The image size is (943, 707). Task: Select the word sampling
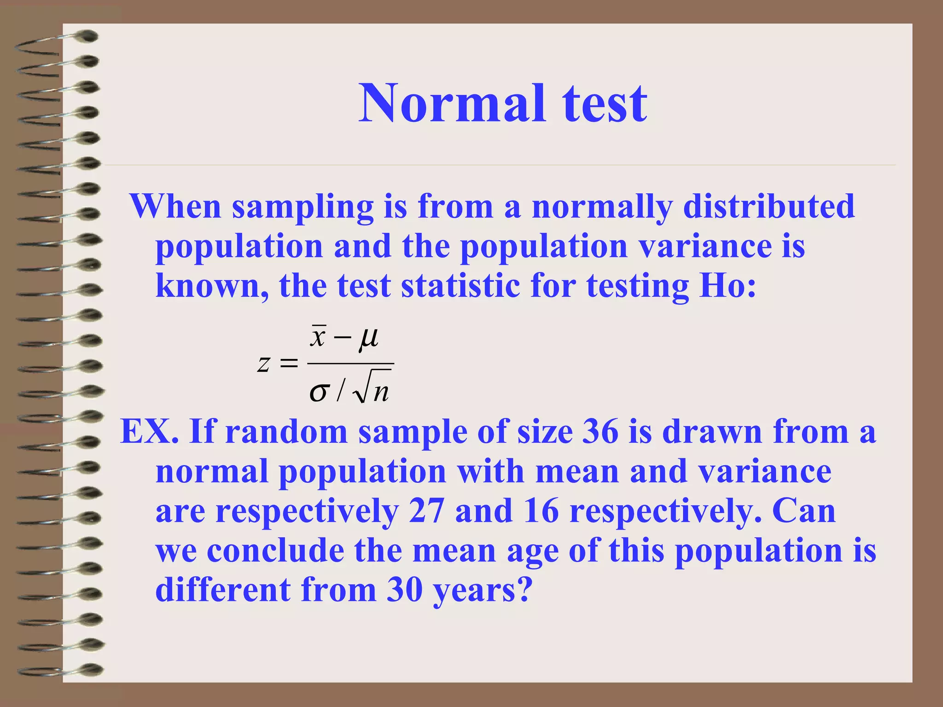(303, 207)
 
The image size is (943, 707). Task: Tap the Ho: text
(728, 286)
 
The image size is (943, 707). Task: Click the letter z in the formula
(263, 364)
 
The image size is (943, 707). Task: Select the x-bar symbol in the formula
(318, 336)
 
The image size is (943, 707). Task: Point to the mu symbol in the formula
(368, 338)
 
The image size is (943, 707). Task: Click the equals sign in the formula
(289, 364)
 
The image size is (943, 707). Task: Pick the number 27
(426, 511)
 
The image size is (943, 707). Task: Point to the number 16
(541, 511)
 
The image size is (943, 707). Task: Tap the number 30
(405, 590)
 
